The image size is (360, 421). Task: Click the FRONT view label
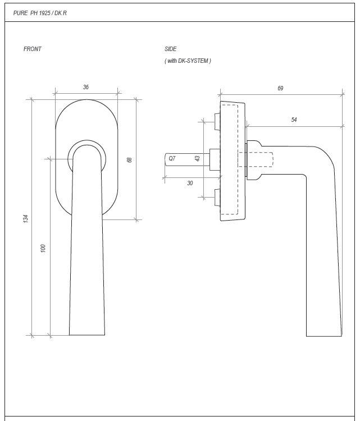(x=32, y=49)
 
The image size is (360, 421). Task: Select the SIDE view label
(x=171, y=49)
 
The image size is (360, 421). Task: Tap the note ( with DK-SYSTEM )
(x=188, y=61)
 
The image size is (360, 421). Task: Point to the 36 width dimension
(x=86, y=87)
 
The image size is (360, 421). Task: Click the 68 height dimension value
(x=130, y=159)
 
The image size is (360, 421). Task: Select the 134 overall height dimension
(x=26, y=218)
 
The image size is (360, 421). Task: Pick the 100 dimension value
(x=44, y=248)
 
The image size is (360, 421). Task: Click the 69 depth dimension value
(x=280, y=88)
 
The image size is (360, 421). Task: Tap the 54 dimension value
(x=294, y=120)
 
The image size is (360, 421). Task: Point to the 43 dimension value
(x=197, y=159)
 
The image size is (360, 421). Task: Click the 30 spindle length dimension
(x=190, y=183)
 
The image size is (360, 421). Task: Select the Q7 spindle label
(x=172, y=159)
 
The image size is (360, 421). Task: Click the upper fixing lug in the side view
(x=216, y=120)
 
